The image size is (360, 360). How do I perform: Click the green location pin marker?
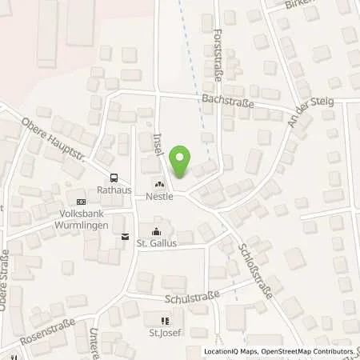click(181, 162)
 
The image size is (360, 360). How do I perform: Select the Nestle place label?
click(160, 195)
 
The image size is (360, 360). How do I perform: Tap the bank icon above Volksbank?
click(79, 202)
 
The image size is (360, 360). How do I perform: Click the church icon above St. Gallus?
click(155, 232)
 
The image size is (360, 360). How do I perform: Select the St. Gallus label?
click(155, 242)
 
